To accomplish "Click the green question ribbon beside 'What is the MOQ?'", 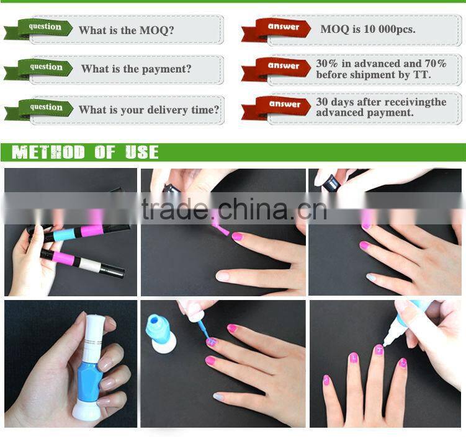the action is (x=38, y=29).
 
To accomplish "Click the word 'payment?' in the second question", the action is (x=166, y=69).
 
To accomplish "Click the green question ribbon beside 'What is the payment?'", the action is (x=38, y=69).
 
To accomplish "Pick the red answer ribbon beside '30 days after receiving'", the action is (x=276, y=107).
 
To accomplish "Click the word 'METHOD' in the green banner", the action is (x=48, y=152).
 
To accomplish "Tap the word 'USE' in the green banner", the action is (x=141, y=152).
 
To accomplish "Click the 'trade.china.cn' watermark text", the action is (x=234, y=209).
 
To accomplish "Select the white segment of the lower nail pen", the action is (x=91, y=265).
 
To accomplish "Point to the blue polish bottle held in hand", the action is (x=90, y=361).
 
